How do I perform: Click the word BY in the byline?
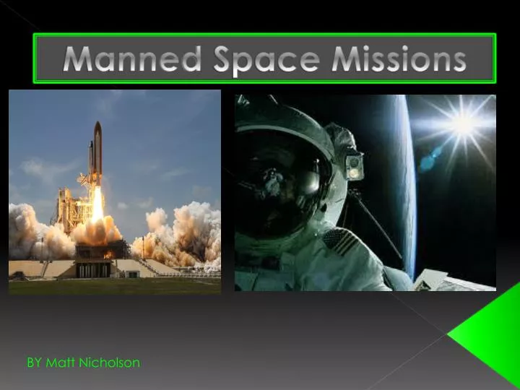click(x=35, y=363)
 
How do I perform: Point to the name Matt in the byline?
click(x=58, y=363)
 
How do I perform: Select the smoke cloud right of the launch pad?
click(x=181, y=231)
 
